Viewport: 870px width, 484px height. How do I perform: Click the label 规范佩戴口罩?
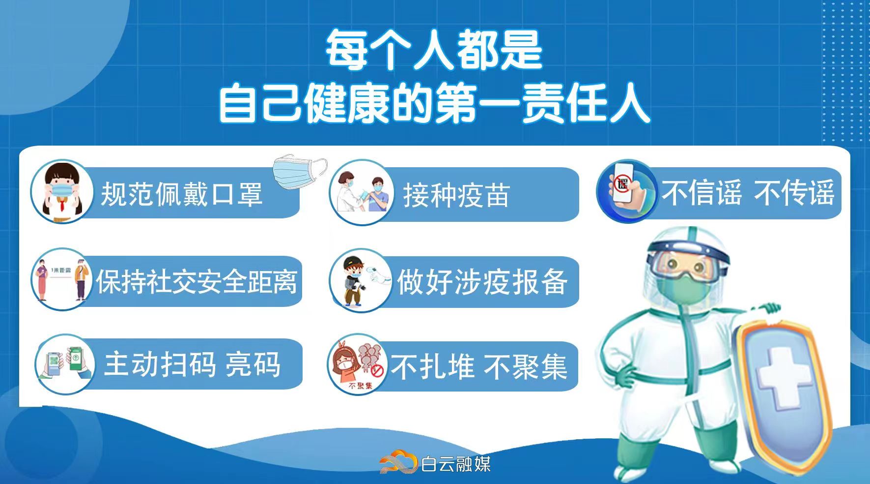click(x=181, y=194)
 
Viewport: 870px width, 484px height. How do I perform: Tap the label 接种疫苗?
click(x=456, y=195)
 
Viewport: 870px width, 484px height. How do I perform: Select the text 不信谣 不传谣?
click(x=747, y=193)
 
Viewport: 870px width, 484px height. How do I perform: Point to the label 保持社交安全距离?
click(x=196, y=282)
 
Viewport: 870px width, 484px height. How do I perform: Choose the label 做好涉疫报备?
click(x=482, y=282)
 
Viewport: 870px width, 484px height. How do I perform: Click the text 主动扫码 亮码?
click(x=192, y=364)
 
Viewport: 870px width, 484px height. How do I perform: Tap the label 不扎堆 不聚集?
click(x=479, y=367)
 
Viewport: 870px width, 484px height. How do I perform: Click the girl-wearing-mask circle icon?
click(x=61, y=190)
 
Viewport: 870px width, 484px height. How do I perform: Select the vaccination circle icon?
click(x=362, y=192)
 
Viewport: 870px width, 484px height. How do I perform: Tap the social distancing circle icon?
click(x=61, y=279)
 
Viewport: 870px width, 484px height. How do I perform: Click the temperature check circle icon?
click(x=360, y=281)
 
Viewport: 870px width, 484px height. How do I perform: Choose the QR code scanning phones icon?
click(x=64, y=364)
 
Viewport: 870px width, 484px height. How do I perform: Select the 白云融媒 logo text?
click(x=456, y=463)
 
